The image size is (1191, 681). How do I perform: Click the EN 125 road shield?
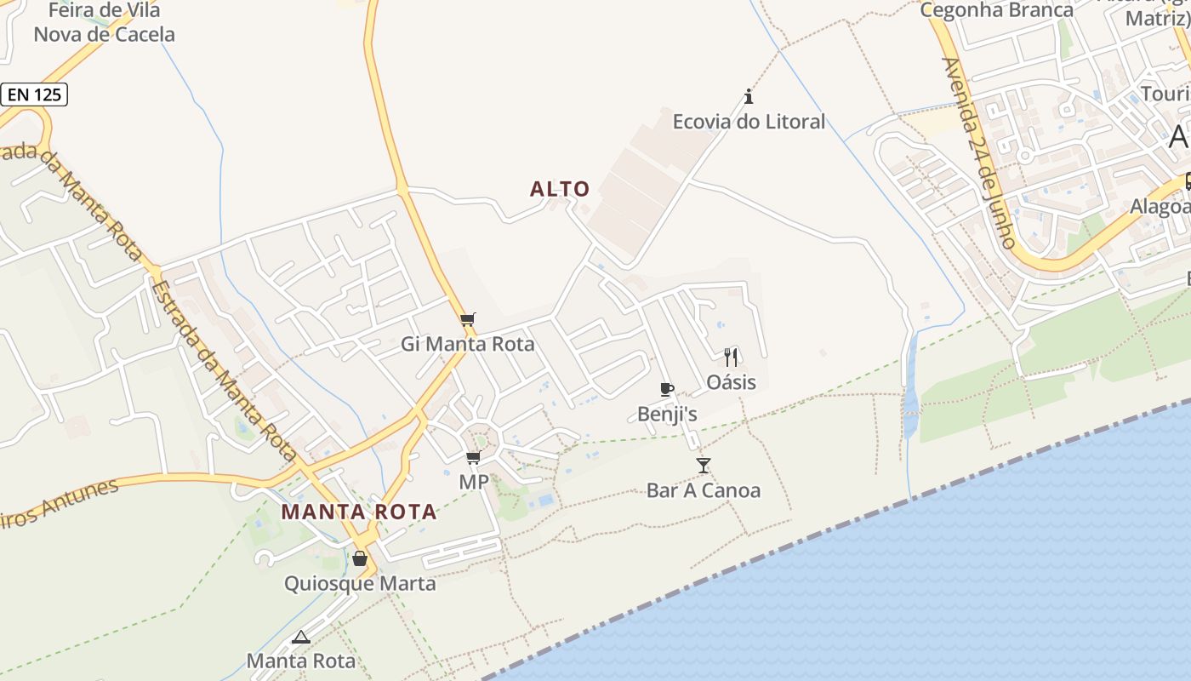click(x=34, y=94)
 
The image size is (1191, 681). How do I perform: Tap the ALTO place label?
click(x=560, y=189)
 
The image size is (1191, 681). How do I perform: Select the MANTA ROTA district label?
click(x=359, y=512)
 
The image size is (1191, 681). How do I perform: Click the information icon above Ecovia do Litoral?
click(x=749, y=95)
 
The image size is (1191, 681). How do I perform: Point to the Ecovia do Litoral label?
click(x=749, y=122)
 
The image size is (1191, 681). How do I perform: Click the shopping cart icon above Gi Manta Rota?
click(x=467, y=320)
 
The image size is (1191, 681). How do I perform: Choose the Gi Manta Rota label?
click(x=468, y=344)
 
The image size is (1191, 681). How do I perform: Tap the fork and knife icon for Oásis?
click(x=731, y=358)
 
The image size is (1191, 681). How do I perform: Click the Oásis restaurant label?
click(x=731, y=382)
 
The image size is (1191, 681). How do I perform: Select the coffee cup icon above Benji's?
click(x=667, y=390)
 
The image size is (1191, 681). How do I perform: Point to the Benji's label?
click(x=668, y=415)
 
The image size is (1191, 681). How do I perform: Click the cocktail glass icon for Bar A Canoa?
click(x=703, y=465)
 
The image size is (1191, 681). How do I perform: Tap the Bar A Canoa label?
click(x=704, y=490)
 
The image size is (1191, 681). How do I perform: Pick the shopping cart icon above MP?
click(x=474, y=458)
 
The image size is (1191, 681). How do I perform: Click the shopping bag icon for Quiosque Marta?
click(x=360, y=558)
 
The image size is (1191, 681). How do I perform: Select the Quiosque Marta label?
click(x=360, y=584)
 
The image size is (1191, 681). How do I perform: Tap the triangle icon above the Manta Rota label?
click(x=301, y=637)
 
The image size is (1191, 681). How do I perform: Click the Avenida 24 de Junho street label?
click(x=979, y=153)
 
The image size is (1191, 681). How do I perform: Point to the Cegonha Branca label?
click(x=997, y=10)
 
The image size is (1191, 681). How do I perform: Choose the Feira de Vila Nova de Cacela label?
click(x=104, y=23)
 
